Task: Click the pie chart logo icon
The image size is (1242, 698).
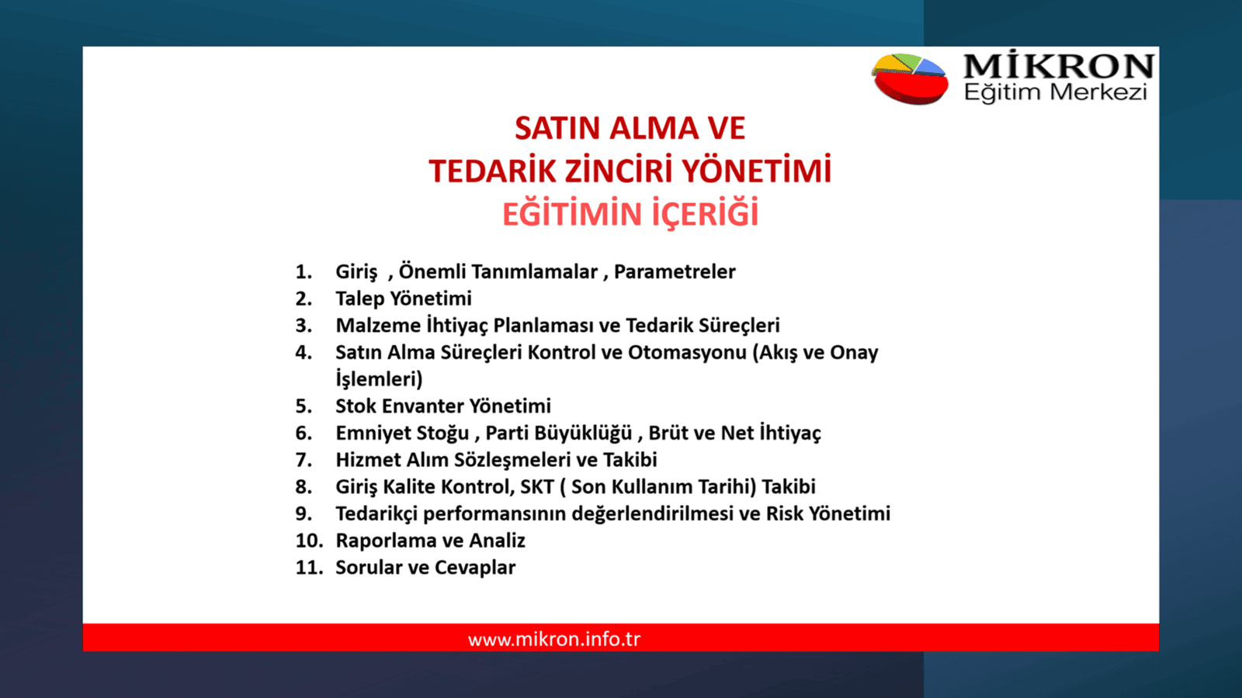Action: tap(910, 78)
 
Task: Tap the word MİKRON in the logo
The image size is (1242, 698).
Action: tap(1058, 66)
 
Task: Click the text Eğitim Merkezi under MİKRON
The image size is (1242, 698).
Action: tap(1055, 93)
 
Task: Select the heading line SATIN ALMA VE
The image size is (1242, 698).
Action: tap(630, 129)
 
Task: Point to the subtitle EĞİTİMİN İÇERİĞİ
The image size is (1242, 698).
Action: tap(630, 215)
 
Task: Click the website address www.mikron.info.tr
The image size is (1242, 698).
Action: tap(553, 639)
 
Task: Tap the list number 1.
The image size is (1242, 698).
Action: tap(303, 272)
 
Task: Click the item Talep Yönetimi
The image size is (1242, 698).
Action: tap(403, 299)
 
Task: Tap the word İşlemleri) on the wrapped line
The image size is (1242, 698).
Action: tap(379, 379)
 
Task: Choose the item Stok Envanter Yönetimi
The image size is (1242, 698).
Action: tap(442, 406)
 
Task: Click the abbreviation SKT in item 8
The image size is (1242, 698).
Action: tap(536, 487)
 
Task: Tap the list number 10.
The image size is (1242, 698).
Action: tap(308, 541)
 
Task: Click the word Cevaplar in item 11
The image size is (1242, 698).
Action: tap(474, 568)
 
